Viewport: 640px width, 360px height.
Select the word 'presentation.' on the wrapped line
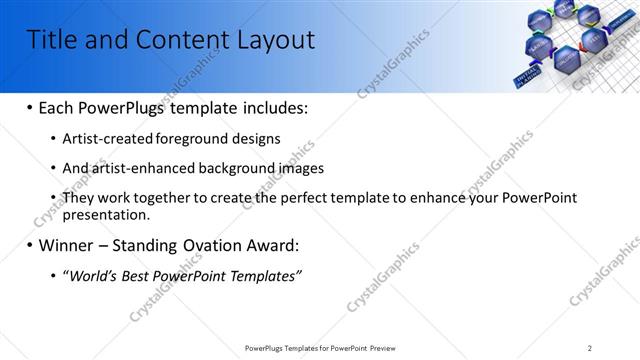coord(106,215)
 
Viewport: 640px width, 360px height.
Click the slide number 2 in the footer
coord(590,348)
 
